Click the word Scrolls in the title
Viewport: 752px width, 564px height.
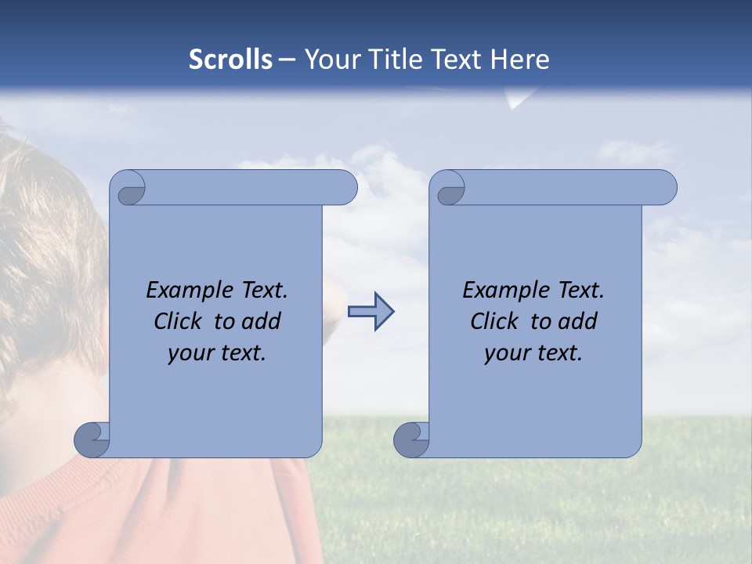click(x=230, y=60)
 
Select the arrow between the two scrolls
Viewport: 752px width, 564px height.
click(x=371, y=311)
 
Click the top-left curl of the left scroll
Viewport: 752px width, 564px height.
click(x=128, y=188)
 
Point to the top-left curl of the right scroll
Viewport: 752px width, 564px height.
click(x=448, y=189)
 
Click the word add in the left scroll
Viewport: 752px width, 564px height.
click(x=262, y=321)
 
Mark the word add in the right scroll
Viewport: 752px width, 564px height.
click(x=579, y=321)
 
